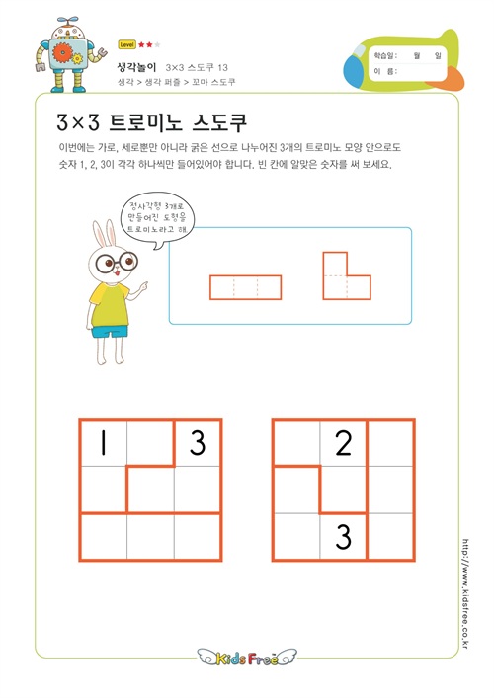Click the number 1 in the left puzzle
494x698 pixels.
point(104,443)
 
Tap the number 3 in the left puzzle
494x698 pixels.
point(198,443)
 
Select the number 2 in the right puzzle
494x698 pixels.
point(344,443)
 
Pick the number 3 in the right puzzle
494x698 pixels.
point(344,536)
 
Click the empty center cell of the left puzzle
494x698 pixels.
point(150,490)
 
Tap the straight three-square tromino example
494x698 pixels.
point(245,287)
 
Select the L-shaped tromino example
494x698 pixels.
point(347,276)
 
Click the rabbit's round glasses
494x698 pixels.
point(117,262)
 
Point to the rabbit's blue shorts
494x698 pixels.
point(110,332)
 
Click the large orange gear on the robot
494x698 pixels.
point(62,53)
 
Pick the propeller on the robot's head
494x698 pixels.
point(67,20)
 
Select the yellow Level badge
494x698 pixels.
point(126,44)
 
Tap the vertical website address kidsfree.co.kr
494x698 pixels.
point(465,593)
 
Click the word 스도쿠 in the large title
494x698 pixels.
point(219,122)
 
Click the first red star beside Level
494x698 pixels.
point(141,44)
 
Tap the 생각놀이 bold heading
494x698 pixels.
point(136,67)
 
